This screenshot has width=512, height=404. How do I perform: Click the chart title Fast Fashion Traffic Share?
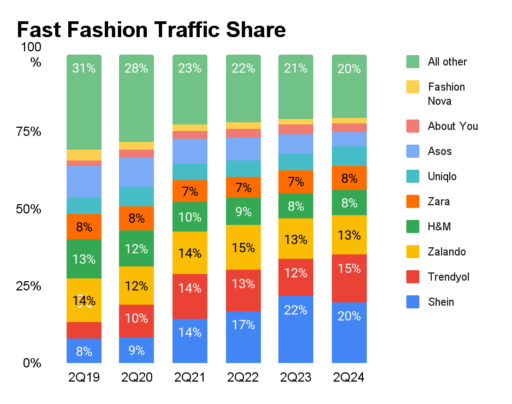[151, 29]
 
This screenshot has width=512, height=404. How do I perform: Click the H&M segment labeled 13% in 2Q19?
[84, 259]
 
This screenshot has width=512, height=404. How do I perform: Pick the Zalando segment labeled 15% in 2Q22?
[243, 247]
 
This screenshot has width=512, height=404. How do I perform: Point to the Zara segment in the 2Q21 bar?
[190, 191]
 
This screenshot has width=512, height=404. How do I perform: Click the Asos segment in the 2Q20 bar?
[136, 171]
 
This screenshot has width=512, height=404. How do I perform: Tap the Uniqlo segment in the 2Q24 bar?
[349, 156]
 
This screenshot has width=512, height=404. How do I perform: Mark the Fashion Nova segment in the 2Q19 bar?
[84, 155]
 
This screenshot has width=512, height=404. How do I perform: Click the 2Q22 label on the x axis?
[243, 377]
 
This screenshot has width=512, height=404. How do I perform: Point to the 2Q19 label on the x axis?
[84, 377]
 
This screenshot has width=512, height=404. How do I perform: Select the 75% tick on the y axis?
[27, 132]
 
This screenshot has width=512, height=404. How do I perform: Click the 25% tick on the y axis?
[27, 286]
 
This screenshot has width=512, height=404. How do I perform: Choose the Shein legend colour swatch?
[413, 302]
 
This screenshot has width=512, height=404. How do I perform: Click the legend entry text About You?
[453, 126]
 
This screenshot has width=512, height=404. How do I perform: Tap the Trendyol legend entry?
[448, 277]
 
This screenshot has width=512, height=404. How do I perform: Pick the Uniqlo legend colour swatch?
[413, 176]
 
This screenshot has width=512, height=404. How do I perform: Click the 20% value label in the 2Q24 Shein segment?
[349, 316]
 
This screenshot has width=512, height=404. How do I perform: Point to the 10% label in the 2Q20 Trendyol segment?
[136, 318]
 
